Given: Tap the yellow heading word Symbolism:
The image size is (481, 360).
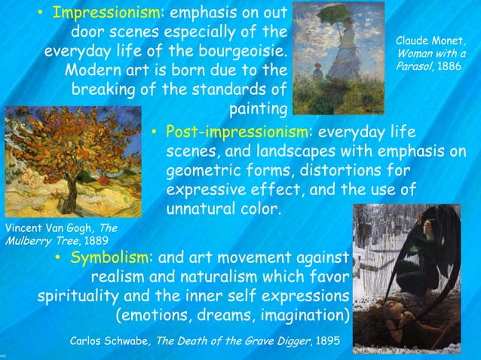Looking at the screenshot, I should pos(112,258).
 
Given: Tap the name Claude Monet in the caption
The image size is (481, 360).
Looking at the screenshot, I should pos(430,40).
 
